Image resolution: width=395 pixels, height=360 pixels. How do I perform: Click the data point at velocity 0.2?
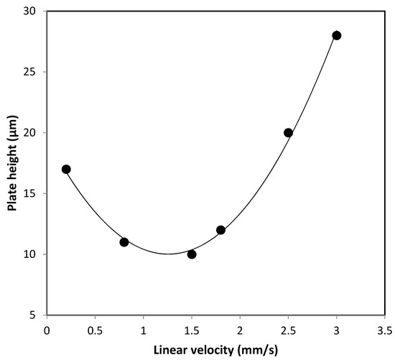[66, 170]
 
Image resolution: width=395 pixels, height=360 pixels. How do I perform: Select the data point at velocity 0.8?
[124, 242]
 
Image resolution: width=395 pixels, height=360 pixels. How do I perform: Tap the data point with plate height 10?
[192, 254]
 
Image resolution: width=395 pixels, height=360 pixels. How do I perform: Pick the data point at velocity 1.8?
[220, 230]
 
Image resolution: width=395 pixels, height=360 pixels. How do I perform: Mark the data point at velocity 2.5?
[288, 133]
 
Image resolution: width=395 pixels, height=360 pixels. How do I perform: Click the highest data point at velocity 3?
[336, 35]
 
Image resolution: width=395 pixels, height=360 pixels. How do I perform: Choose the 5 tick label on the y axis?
[37, 315]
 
